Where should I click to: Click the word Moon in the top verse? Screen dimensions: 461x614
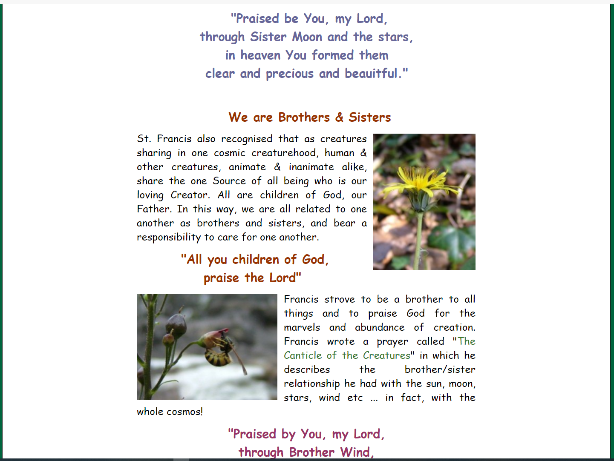point(307,37)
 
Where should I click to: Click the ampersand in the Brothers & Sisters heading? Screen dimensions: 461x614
point(339,117)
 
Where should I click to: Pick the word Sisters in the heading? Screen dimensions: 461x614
point(369,117)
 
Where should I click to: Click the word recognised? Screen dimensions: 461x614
point(247,139)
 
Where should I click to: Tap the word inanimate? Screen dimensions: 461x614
point(311,167)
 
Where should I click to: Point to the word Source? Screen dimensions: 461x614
point(229,181)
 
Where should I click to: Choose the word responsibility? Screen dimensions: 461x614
point(169,238)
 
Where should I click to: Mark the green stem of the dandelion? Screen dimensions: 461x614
point(419,238)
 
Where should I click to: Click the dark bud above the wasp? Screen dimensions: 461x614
point(175,324)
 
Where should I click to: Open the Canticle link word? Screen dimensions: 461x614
point(303,356)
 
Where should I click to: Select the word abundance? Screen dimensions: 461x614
point(380,328)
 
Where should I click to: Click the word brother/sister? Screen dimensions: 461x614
point(440,370)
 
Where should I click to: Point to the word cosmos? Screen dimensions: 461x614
point(185,412)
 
